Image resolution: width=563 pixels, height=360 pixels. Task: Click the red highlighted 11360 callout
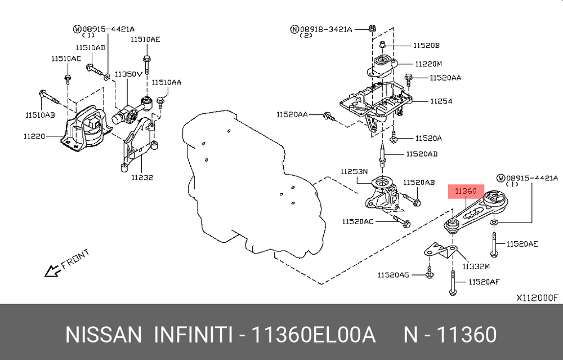click(466, 192)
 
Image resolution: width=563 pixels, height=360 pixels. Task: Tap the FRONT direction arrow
click(52, 270)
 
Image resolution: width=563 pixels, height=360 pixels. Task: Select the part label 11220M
click(428, 64)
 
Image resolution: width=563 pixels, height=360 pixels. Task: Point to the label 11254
click(441, 101)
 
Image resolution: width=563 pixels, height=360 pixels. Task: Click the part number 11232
click(142, 177)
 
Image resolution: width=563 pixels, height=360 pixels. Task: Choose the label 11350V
click(128, 74)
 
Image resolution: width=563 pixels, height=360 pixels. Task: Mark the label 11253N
click(354, 172)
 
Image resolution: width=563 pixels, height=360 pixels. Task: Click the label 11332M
click(476, 266)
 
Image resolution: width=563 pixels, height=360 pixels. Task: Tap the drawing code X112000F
click(538, 298)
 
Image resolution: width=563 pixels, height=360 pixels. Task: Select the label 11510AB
click(40, 115)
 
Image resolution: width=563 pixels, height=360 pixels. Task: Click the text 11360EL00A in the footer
click(313, 335)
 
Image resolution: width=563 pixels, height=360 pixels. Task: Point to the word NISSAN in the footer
click(104, 335)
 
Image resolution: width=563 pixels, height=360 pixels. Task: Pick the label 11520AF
click(484, 282)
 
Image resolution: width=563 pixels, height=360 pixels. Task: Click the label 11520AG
click(393, 275)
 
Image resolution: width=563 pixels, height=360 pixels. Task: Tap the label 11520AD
click(422, 154)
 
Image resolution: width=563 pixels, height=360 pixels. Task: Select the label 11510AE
click(145, 39)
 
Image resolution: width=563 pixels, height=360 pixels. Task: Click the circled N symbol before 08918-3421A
click(294, 29)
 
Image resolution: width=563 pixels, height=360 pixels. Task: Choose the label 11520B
click(427, 46)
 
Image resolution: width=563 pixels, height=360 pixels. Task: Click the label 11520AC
click(358, 221)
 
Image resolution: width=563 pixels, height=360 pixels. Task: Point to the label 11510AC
click(66, 59)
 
